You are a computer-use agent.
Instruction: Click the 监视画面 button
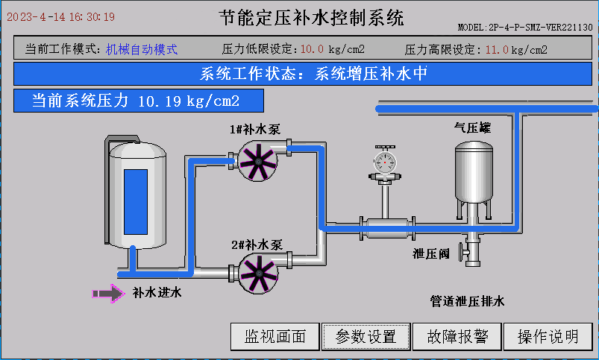coord(275,336)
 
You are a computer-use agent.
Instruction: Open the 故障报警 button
coord(457,336)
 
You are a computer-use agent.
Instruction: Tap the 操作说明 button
coord(548,336)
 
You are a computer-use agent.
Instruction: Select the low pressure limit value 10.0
coord(312,50)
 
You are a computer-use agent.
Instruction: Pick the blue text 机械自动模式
coord(142,49)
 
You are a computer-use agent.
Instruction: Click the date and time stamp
coord(61,16)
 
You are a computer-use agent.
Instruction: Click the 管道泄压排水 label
coord(468,301)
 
